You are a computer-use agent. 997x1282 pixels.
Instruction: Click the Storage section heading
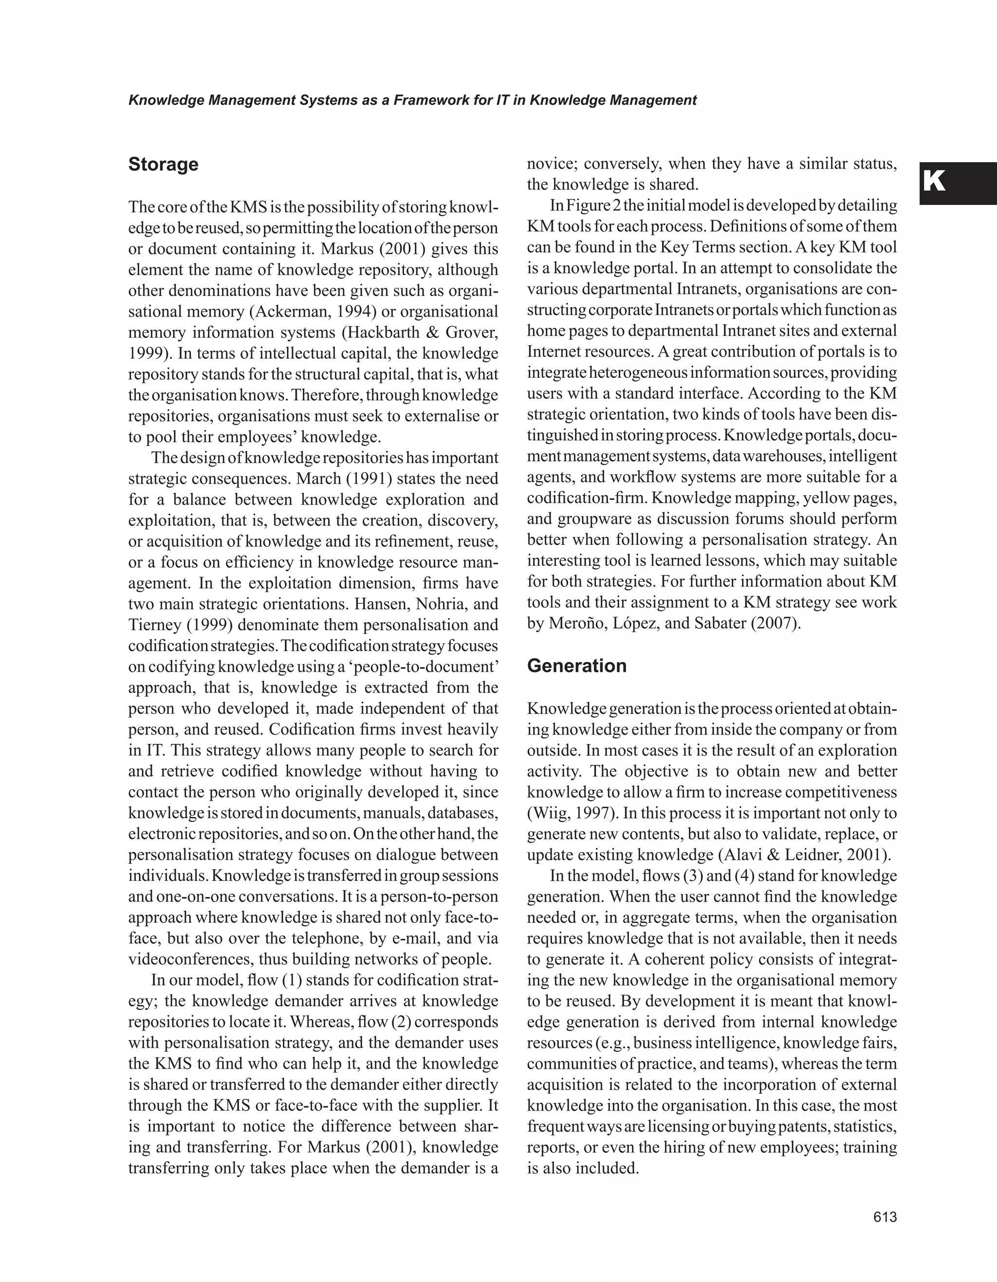(x=163, y=165)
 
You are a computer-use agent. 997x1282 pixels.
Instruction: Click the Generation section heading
(x=577, y=666)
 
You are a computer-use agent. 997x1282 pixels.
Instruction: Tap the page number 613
(x=885, y=1217)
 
